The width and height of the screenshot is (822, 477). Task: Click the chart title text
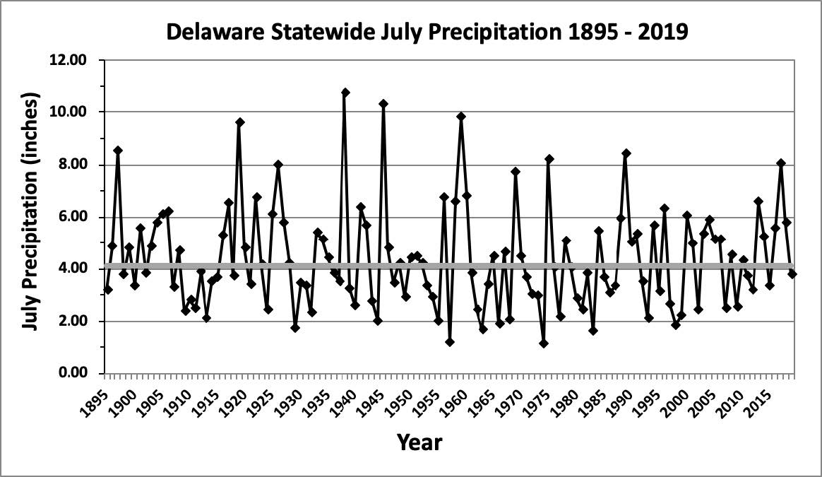pyautogui.click(x=426, y=33)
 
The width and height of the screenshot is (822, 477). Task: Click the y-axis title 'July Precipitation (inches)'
pyautogui.click(x=30, y=216)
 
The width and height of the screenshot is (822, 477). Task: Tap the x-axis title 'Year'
pyautogui.click(x=419, y=442)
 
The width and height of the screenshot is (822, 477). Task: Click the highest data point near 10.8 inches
pyautogui.click(x=345, y=93)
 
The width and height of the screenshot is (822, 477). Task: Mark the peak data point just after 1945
pyautogui.click(x=383, y=104)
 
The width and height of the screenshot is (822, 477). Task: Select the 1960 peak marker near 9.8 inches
pyautogui.click(x=461, y=117)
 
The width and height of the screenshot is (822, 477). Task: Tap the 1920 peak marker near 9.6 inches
pyautogui.click(x=240, y=122)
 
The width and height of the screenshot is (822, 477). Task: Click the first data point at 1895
pyautogui.click(x=107, y=290)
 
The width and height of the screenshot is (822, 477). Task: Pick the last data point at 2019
pyautogui.click(x=792, y=273)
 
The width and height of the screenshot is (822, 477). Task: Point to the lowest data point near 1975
pyautogui.click(x=544, y=343)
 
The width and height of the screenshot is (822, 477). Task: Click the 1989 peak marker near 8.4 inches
pyautogui.click(x=626, y=153)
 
